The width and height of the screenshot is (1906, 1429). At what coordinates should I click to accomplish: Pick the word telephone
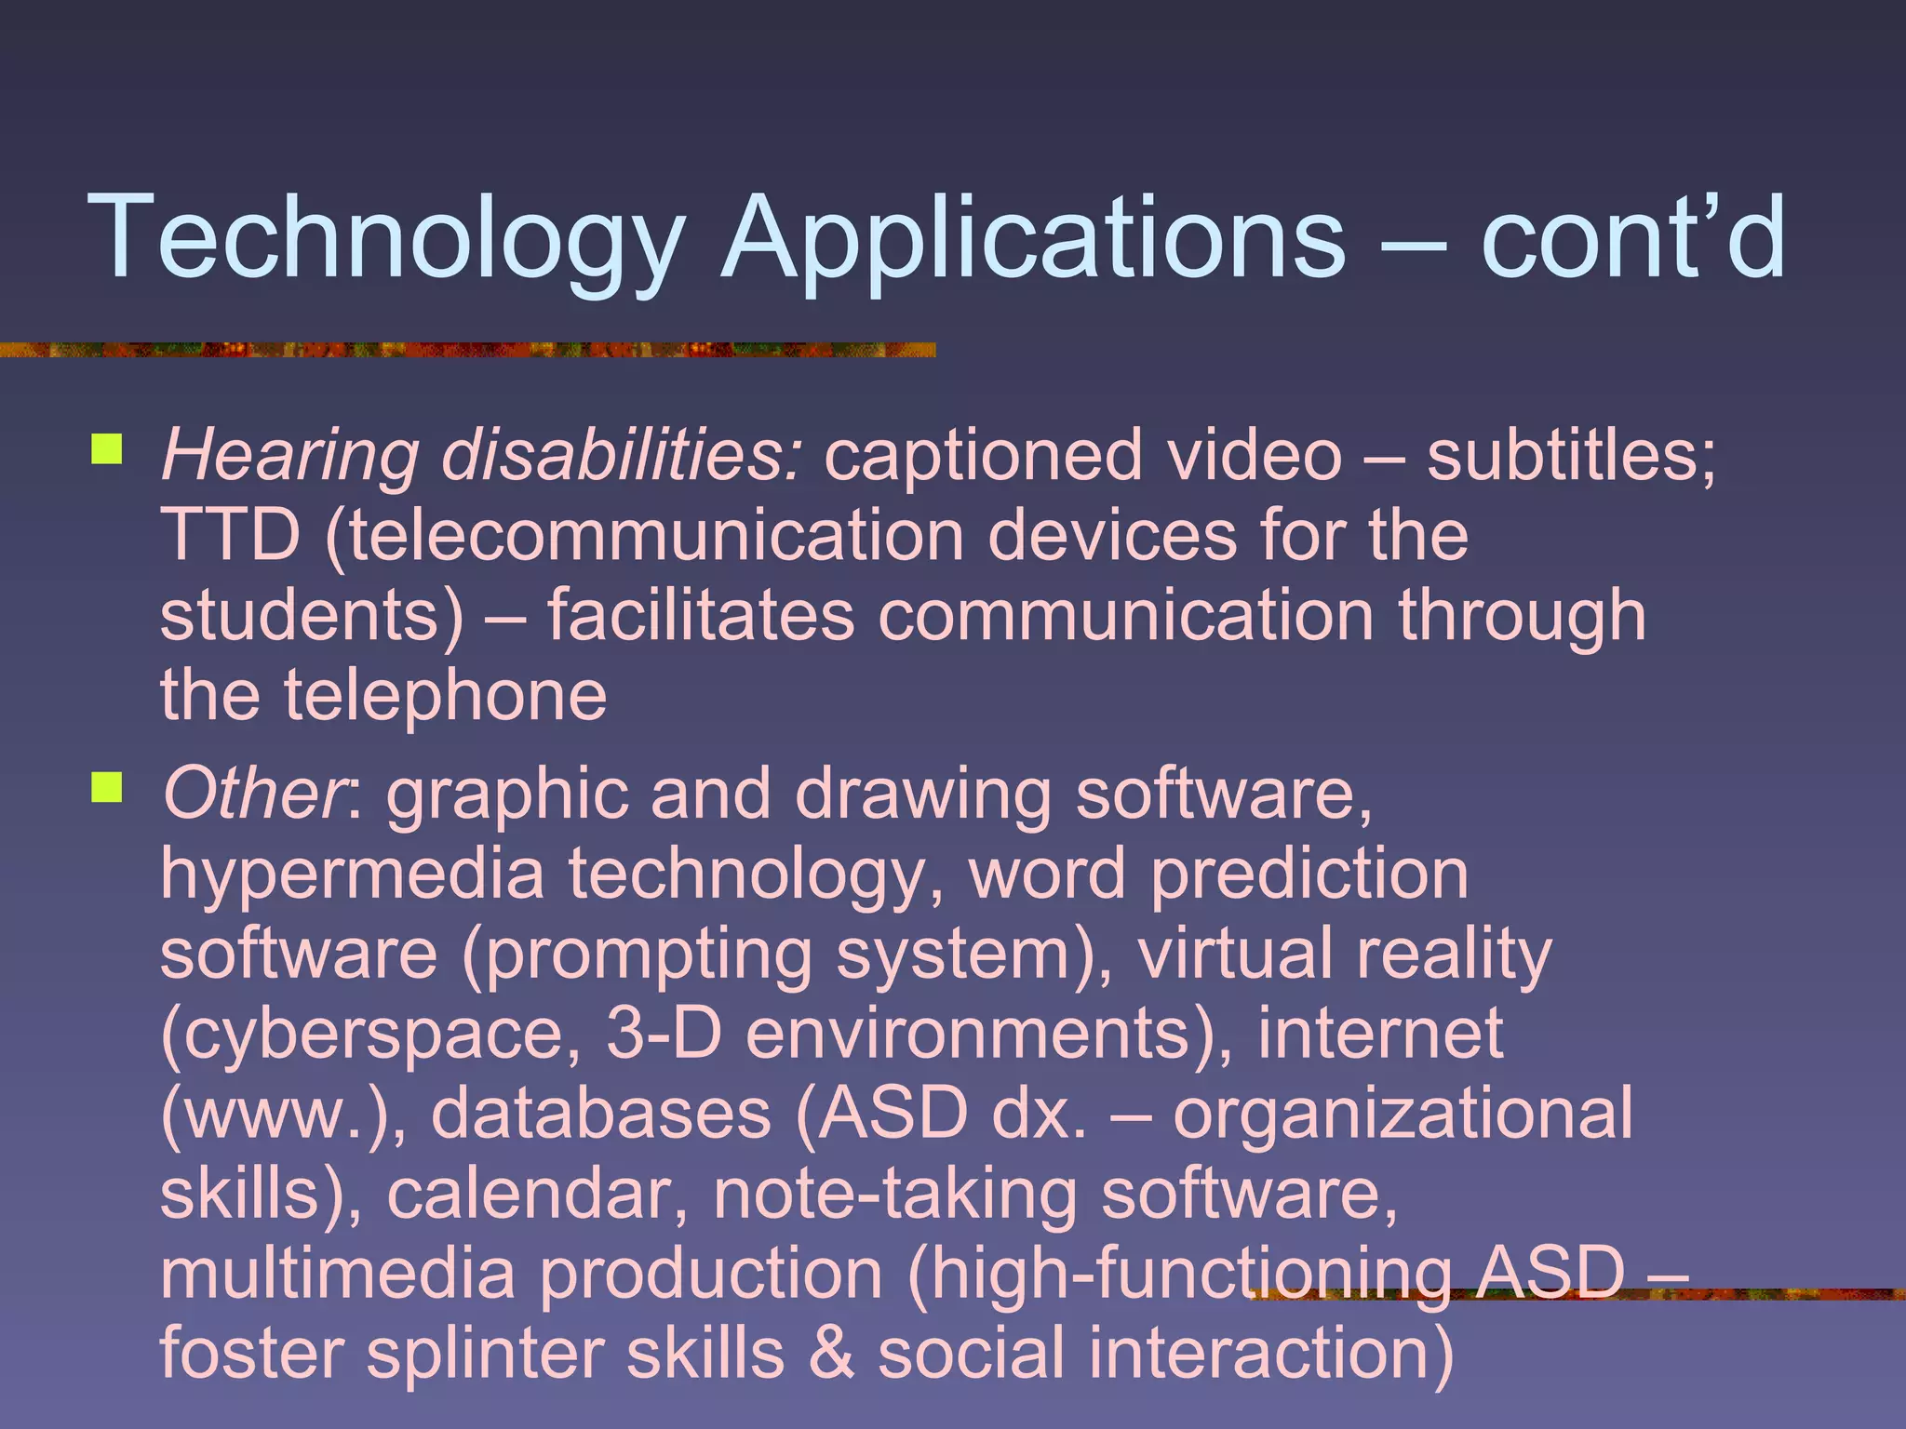(445, 695)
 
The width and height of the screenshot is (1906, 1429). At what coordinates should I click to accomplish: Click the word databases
(601, 1114)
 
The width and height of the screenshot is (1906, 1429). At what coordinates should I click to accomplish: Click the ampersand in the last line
(831, 1354)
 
